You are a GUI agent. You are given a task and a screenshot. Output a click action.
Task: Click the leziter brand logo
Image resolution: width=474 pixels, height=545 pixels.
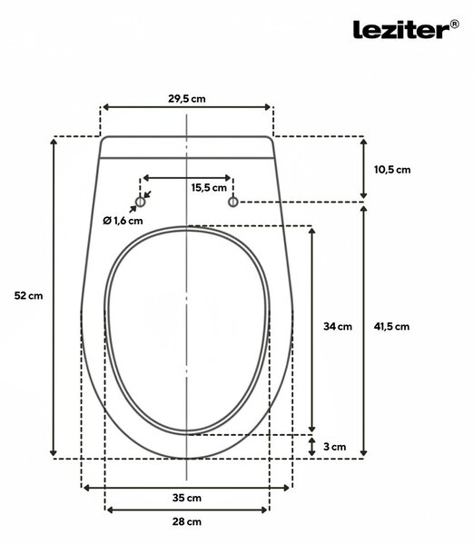click(x=406, y=29)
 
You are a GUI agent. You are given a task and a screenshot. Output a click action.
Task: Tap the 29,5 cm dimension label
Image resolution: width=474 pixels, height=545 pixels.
click(x=187, y=99)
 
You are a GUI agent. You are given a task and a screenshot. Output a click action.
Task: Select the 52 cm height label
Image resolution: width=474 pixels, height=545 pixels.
click(x=28, y=296)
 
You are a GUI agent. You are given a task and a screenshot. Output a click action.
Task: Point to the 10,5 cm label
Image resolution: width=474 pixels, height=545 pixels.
click(x=392, y=170)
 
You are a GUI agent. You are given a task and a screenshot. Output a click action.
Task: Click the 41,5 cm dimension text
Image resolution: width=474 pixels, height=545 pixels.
click(x=391, y=326)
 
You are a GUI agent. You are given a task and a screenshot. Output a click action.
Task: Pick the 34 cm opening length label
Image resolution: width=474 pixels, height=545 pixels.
click(x=338, y=326)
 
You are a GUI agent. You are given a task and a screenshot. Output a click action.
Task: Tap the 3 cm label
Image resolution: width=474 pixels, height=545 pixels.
click(x=335, y=447)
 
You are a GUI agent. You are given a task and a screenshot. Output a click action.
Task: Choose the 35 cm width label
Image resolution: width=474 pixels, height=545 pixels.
click(x=187, y=498)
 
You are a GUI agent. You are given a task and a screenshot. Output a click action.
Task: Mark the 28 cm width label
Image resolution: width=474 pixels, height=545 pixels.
click(x=187, y=521)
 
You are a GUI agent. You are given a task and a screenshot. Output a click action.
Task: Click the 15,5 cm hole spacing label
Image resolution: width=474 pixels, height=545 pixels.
click(x=209, y=188)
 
